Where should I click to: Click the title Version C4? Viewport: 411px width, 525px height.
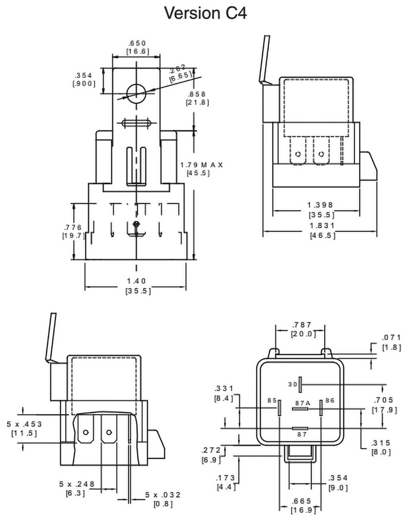[x=206, y=13]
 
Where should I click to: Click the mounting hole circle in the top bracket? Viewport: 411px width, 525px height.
[x=136, y=93]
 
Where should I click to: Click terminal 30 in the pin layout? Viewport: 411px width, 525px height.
[x=300, y=384]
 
